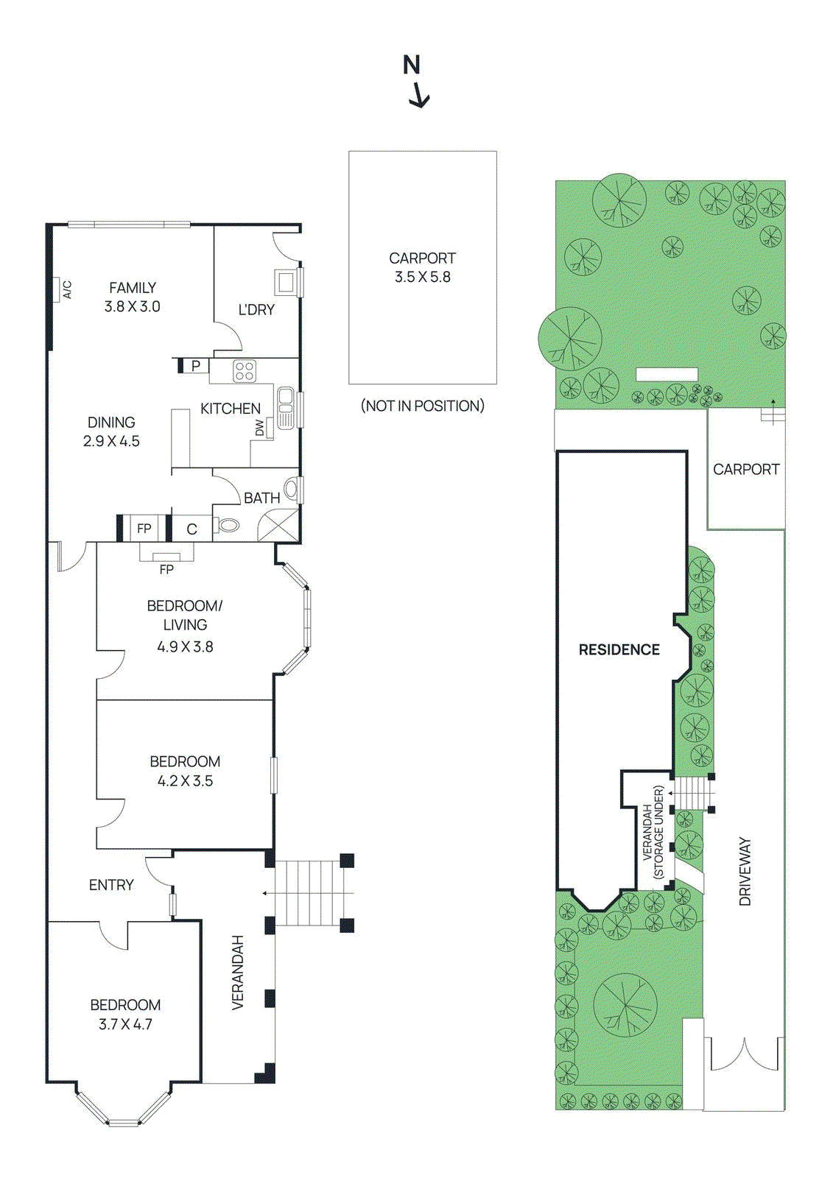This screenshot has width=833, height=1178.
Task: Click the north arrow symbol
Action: pos(417,81)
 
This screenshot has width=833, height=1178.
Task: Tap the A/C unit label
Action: pos(67,289)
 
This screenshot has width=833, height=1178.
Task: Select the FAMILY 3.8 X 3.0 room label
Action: pos(133,297)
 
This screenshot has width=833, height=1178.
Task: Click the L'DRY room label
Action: pos(256,310)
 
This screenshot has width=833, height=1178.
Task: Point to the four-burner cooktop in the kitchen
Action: pos(245,371)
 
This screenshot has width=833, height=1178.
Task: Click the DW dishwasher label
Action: pos(259,428)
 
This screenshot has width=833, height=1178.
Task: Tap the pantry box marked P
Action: pos(195,365)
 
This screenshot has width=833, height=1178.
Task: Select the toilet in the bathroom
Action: pos(228,526)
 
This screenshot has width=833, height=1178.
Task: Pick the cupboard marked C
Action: pos(191,529)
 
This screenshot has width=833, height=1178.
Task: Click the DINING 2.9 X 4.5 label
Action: pos(111,431)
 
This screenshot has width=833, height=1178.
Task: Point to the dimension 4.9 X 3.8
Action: pos(185,646)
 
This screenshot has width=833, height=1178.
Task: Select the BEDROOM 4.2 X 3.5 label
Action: pos(185,771)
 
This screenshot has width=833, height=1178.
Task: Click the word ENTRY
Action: pos(111,885)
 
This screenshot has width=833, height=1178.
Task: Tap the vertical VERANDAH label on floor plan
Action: pos(238,972)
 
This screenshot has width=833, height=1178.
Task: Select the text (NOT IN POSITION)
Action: pos(422,406)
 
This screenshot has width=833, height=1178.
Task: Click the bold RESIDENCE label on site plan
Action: pos(619,649)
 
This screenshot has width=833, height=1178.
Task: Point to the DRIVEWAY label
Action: pos(745,871)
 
